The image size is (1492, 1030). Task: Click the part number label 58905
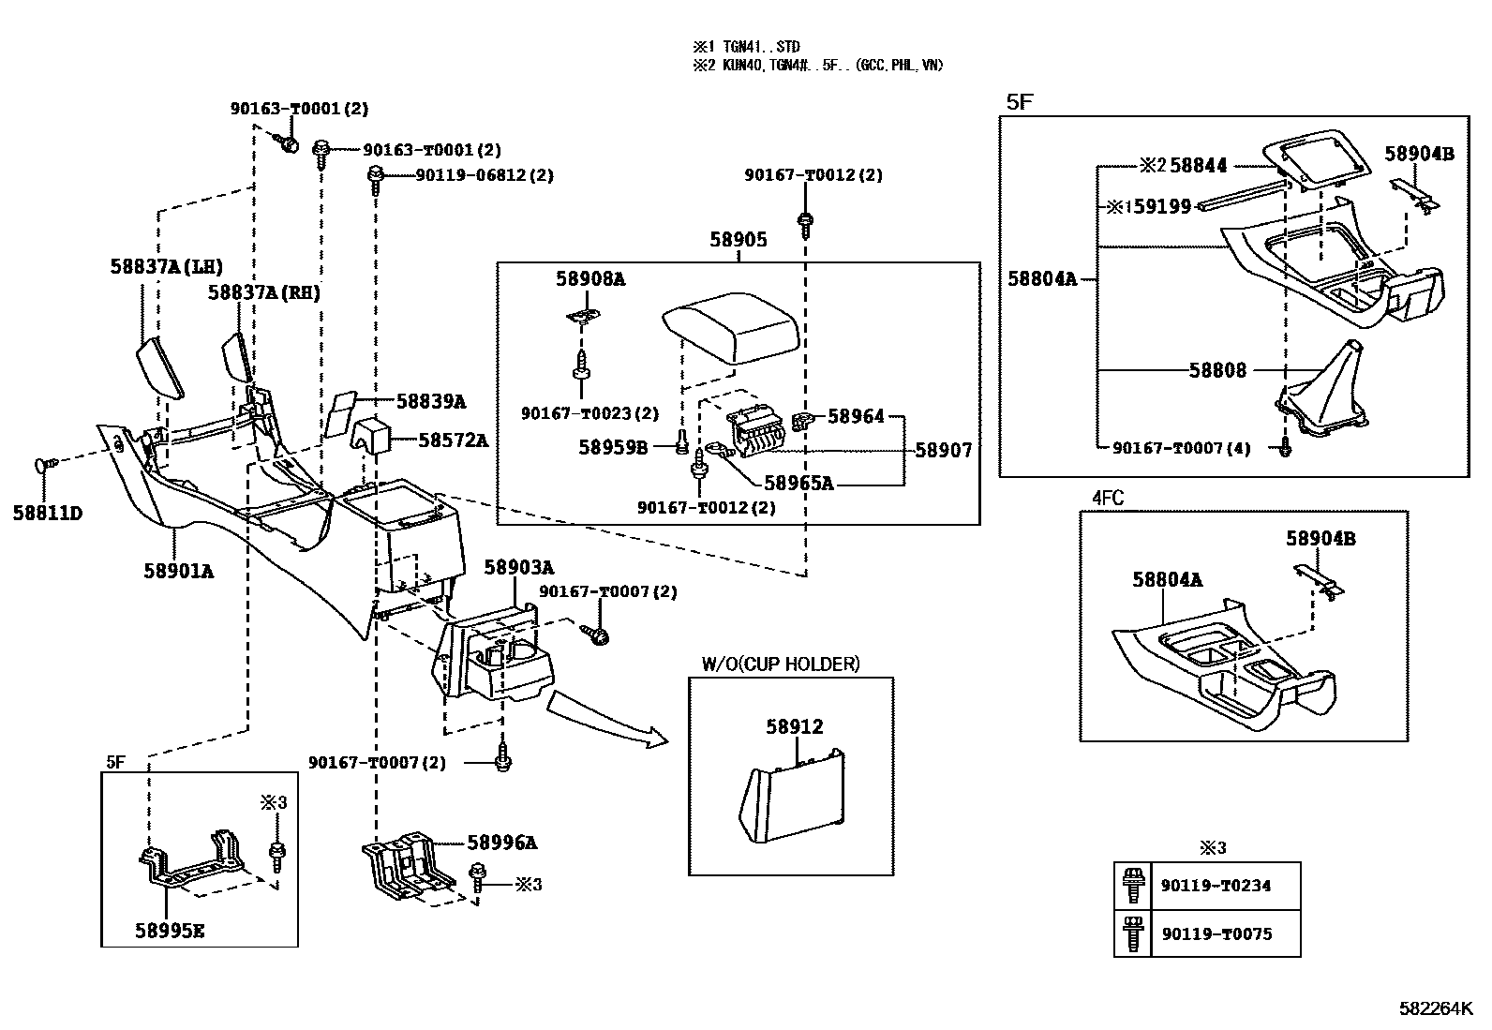pyautogui.click(x=738, y=240)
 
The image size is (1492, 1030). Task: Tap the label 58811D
pyautogui.click(x=47, y=514)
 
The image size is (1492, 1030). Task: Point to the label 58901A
pyautogui.click(x=178, y=570)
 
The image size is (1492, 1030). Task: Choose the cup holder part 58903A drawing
pyautogui.click(x=497, y=661)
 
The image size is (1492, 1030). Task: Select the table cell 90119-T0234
pyautogui.click(x=1216, y=886)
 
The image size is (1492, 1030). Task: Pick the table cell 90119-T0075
pyautogui.click(x=1216, y=934)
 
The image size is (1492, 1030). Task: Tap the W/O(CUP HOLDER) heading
pyautogui.click(x=780, y=664)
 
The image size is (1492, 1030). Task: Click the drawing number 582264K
pyautogui.click(x=1436, y=1009)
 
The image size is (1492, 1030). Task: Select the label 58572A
pyautogui.click(x=453, y=440)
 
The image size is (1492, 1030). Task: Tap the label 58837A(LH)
pyautogui.click(x=167, y=267)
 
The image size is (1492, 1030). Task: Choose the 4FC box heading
pyautogui.click(x=1107, y=499)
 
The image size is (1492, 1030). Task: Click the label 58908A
pyautogui.click(x=589, y=278)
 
